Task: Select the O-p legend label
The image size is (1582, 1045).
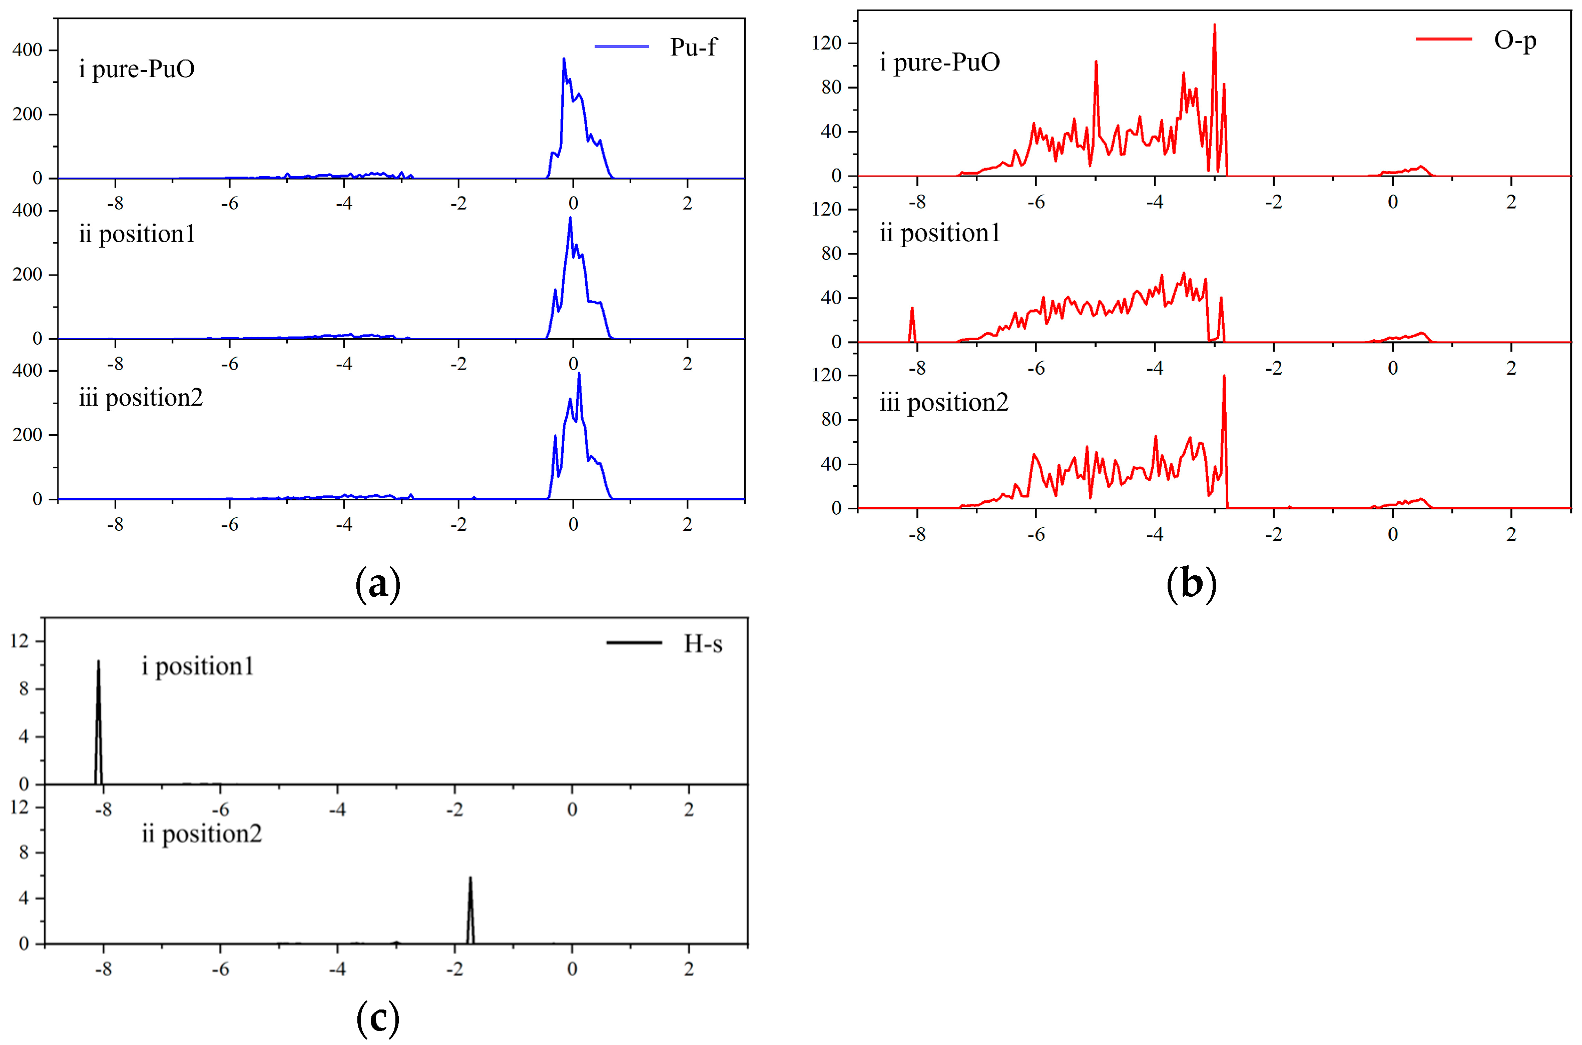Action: (1514, 40)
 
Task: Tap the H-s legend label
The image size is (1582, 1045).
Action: (703, 643)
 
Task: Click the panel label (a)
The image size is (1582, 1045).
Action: (378, 584)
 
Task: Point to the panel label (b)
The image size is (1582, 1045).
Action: (1191, 584)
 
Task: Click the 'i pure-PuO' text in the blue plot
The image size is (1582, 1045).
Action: (137, 69)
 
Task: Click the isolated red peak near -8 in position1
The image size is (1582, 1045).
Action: (912, 309)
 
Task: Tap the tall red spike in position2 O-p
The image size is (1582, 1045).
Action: (1224, 378)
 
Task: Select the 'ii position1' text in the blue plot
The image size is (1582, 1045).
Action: (137, 234)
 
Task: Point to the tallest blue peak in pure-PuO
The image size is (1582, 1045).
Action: (564, 60)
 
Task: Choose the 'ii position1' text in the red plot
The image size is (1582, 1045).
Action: (939, 233)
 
